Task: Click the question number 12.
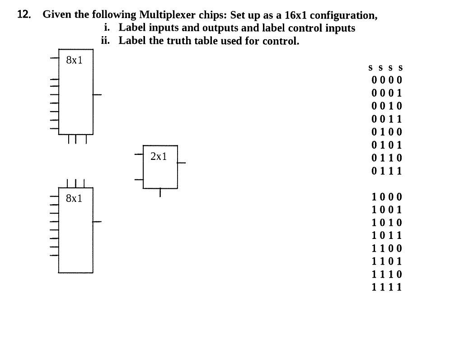24,15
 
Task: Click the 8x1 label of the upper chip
74,60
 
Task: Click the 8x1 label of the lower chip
74,198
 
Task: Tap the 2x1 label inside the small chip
159,157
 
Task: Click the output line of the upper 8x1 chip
98,95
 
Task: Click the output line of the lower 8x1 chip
98,222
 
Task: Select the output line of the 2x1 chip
182,163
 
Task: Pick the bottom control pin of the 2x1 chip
160,193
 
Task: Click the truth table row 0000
386,80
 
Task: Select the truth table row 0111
386,171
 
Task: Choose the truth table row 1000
386,197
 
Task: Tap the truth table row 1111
386,287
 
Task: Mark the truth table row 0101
386,145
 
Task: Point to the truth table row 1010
386,223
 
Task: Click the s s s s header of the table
385,68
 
